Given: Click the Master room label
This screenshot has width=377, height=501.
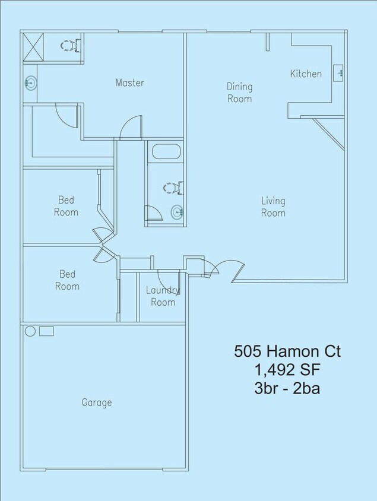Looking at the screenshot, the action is pyautogui.click(x=129, y=83).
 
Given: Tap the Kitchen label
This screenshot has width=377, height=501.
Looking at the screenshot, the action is pyautogui.click(x=306, y=74).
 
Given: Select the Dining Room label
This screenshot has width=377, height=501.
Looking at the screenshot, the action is pyautogui.click(x=240, y=93).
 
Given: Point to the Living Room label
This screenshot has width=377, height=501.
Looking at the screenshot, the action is pyautogui.click(x=273, y=207).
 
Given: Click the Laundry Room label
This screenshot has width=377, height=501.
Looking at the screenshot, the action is pyautogui.click(x=163, y=296).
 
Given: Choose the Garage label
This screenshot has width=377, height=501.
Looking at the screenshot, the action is pyautogui.click(x=97, y=402).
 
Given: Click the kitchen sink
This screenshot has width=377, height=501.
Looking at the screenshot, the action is pyautogui.click(x=338, y=73).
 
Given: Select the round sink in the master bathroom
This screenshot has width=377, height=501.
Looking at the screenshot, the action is pyautogui.click(x=31, y=83).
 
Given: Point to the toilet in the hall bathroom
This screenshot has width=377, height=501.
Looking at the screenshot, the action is pyautogui.click(x=173, y=188).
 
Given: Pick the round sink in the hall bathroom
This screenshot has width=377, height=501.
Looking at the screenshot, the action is pyautogui.click(x=178, y=212).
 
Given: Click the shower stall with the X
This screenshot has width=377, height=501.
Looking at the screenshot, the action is pyautogui.click(x=34, y=47).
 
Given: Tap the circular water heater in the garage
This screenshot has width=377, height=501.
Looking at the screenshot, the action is pyautogui.click(x=30, y=331).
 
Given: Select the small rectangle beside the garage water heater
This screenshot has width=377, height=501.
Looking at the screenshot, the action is pyautogui.click(x=46, y=331).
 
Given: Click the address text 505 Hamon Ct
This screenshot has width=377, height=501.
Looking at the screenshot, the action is pyautogui.click(x=287, y=352).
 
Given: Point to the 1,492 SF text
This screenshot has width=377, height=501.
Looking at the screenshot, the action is pyautogui.click(x=287, y=370).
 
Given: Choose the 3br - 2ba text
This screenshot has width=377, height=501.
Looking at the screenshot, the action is pyautogui.click(x=287, y=389).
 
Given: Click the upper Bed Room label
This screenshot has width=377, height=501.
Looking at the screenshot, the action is pyautogui.click(x=66, y=206).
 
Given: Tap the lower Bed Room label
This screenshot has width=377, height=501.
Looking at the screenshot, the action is pyautogui.click(x=67, y=280).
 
